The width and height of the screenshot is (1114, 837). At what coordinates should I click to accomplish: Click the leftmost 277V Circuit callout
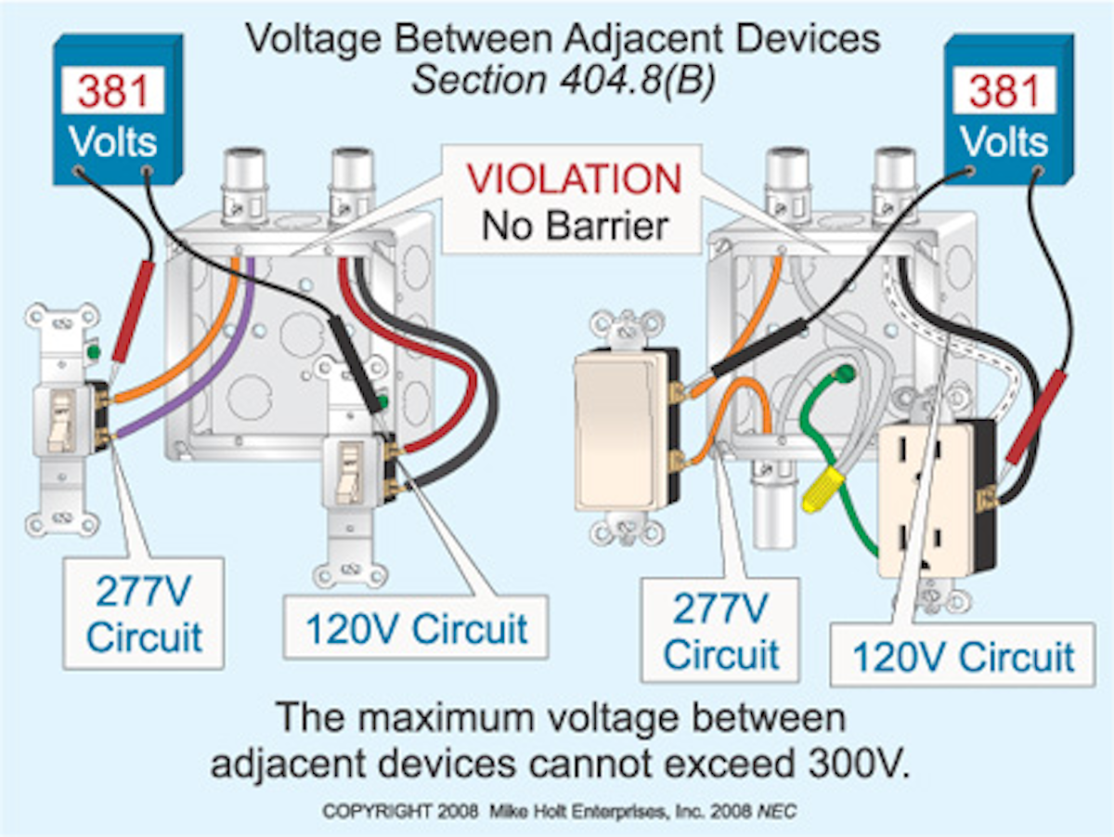coord(143,613)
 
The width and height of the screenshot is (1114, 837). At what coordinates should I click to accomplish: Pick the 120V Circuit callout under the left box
coord(415,628)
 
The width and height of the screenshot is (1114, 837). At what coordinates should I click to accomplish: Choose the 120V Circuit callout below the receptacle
coord(962,656)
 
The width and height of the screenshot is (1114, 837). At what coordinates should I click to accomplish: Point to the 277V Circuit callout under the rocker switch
coord(720,631)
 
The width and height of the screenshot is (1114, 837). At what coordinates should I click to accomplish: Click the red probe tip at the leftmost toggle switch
coord(130,316)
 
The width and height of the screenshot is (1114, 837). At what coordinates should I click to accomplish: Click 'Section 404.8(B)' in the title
coord(563,80)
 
